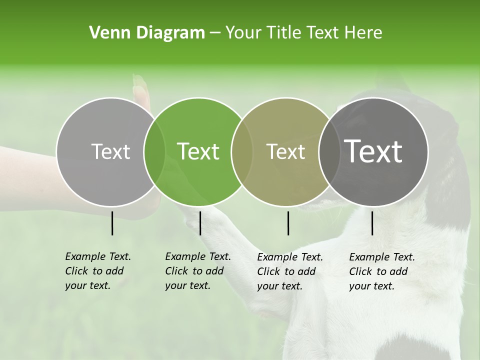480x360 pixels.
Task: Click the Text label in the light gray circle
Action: tap(110, 151)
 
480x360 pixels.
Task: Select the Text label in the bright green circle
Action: tap(198, 151)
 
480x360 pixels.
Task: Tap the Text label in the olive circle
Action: tap(285, 151)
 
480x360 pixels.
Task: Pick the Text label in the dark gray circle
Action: tap(373, 151)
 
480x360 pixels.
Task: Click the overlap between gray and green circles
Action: tap(154, 151)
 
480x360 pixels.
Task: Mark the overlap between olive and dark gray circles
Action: tap(327, 151)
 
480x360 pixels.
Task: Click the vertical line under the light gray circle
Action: tap(112, 223)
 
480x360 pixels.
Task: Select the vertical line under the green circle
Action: tap(200, 223)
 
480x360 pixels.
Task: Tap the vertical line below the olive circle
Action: tap(288, 223)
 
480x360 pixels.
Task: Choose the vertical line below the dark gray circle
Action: tap(372, 223)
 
